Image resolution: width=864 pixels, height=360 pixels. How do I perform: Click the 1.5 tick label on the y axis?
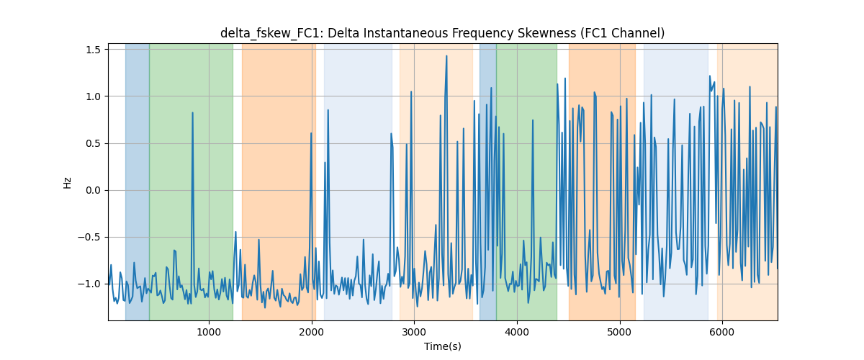click(94, 50)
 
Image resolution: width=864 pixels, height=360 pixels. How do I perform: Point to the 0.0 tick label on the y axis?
click(94, 190)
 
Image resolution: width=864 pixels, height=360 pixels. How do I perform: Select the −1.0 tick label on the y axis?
click(89, 284)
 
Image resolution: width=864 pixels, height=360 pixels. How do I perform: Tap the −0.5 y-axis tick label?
click(89, 237)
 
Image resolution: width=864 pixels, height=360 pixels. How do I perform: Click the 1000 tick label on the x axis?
click(209, 332)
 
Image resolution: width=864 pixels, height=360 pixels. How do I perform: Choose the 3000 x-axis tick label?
click(414, 332)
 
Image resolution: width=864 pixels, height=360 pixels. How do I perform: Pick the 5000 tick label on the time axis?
click(619, 332)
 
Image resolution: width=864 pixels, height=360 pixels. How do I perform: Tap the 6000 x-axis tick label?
click(722, 332)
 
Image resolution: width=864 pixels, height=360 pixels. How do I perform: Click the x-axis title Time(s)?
click(443, 346)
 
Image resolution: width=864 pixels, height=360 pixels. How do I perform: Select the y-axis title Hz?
click(68, 183)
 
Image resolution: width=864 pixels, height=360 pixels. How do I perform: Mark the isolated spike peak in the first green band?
click(192, 112)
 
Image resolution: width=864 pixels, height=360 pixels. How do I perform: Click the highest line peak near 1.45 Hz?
click(446, 56)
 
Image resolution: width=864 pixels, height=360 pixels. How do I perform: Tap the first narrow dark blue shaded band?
click(138, 181)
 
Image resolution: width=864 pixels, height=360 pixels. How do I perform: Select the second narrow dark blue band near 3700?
click(488, 181)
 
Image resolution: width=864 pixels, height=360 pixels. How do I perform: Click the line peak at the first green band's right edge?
click(235, 232)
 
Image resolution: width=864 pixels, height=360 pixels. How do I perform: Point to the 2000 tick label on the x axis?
click(312, 332)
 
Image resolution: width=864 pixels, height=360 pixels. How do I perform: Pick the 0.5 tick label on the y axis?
click(94, 143)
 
